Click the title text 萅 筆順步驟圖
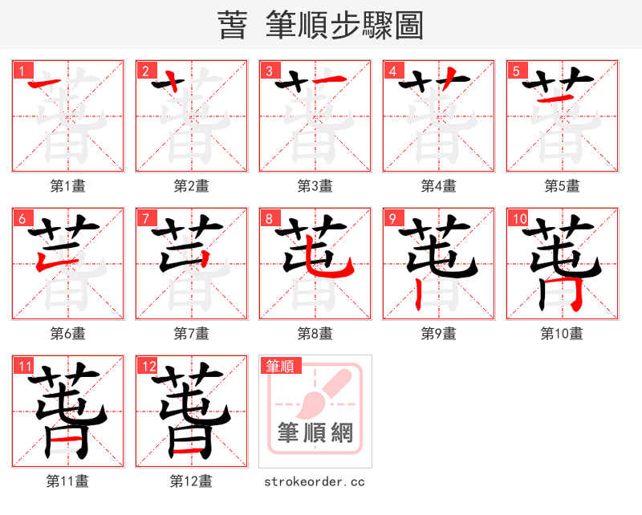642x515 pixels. pos(320,26)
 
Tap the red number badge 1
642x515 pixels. pos(22,71)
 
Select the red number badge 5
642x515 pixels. pos(516,71)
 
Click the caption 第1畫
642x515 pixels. pos(68,186)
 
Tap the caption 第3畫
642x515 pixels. pos(315,186)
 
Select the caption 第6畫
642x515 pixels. pos(68,333)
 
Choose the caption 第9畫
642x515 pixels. pos(439,333)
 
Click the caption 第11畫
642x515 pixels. pos(68,481)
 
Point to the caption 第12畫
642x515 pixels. pos(192,481)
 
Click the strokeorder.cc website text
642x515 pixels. pos(315,481)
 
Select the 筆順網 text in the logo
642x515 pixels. pos(315,433)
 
